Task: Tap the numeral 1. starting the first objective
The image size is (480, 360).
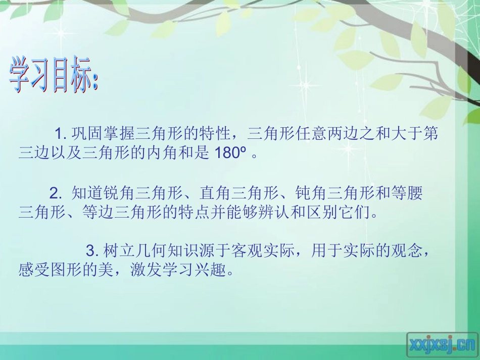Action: click(x=61, y=134)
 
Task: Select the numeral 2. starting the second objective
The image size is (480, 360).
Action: click(x=56, y=192)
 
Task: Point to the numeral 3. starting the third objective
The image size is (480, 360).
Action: click(x=91, y=250)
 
